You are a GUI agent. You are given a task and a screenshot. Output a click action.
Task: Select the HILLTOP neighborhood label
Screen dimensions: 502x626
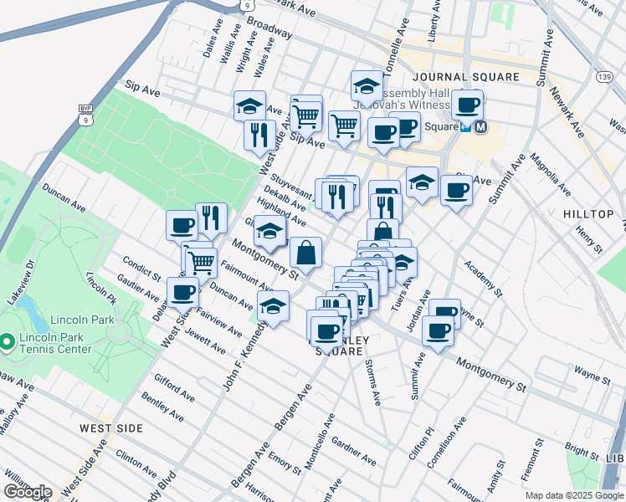[588, 214]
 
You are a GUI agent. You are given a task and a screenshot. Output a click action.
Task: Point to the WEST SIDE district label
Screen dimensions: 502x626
[111, 428]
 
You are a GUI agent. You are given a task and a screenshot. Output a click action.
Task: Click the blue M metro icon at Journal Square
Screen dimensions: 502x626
[481, 127]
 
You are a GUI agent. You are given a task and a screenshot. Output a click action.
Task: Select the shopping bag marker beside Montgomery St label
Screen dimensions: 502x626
[305, 252]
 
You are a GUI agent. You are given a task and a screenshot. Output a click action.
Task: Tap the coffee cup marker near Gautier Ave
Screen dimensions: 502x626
[182, 293]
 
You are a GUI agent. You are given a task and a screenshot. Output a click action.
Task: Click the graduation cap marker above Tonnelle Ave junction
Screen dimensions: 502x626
[367, 85]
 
